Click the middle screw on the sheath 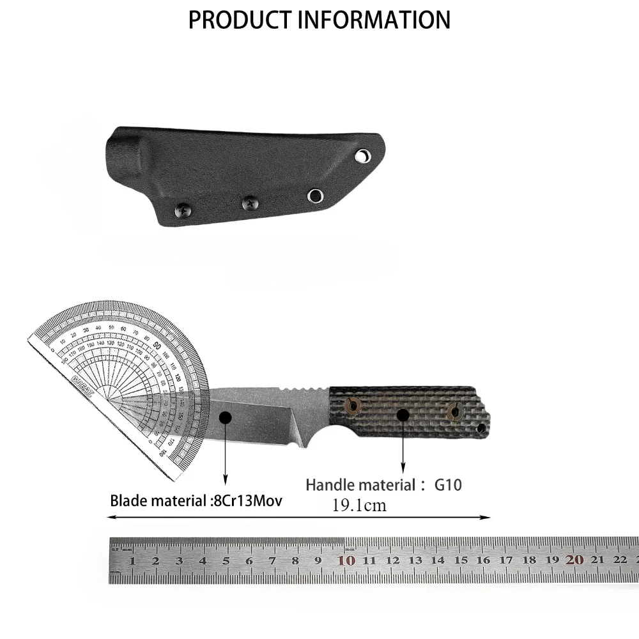pos(249,203)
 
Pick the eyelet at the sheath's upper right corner pos(362,156)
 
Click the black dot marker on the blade pos(224,417)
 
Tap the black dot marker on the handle pos(403,415)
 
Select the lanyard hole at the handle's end pos(481,426)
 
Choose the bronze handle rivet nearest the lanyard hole pos(455,412)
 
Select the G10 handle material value pos(448,485)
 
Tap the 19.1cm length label pos(359,506)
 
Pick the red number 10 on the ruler pos(346,560)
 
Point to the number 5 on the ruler pos(226,561)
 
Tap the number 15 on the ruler pos(460,561)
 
